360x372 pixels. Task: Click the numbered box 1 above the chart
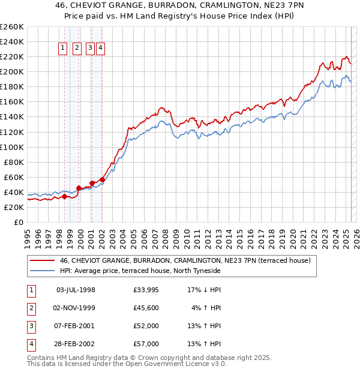(x=64, y=49)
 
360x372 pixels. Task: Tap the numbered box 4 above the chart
(x=100, y=49)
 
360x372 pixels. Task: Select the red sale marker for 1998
(x=64, y=196)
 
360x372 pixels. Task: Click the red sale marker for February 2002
(x=103, y=179)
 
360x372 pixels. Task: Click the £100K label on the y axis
(x=12, y=147)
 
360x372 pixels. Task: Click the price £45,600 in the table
(x=146, y=308)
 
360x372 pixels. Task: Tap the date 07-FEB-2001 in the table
(x=76, y=326)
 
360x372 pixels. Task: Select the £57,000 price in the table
(x=146, y=344)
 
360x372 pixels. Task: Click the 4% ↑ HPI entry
(x=206, y=308)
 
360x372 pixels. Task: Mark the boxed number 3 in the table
(x=30, y=326)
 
